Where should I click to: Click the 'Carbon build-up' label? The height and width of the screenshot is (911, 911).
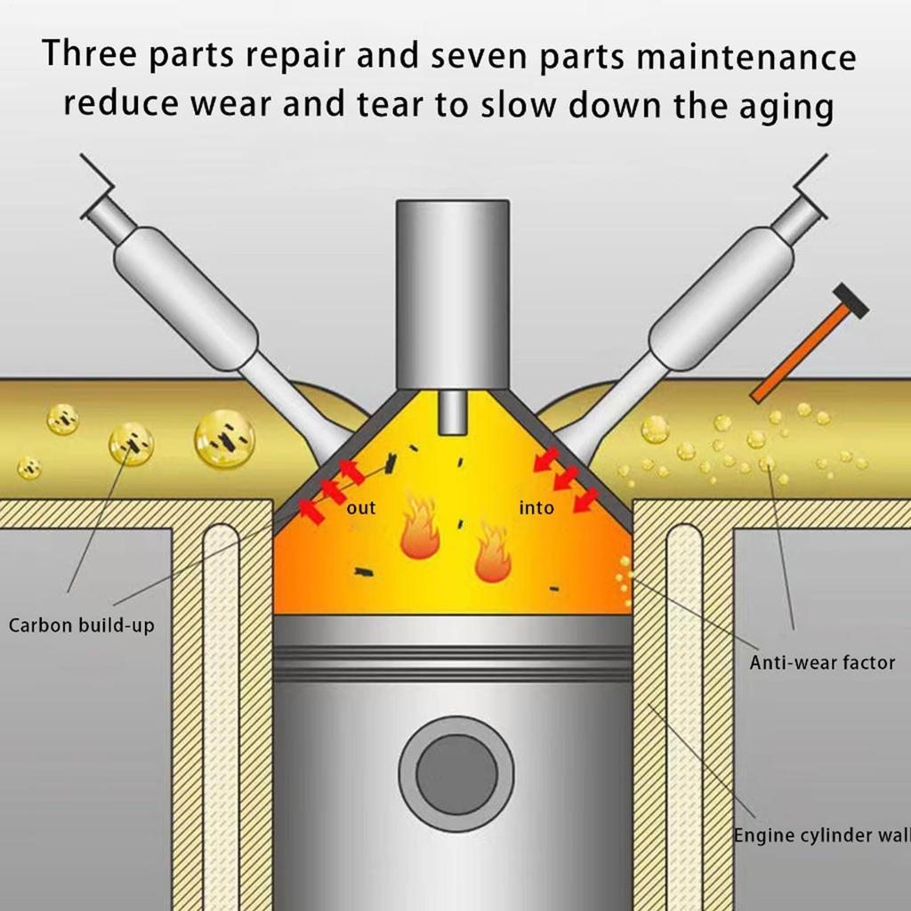coord(82,625)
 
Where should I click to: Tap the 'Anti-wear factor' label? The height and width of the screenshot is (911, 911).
coord(822,662)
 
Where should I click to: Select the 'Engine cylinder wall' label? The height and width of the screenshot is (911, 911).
coord(820,835)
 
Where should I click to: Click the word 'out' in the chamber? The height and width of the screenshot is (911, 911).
coord(361,508)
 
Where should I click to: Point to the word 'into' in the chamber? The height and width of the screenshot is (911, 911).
coord(536,508)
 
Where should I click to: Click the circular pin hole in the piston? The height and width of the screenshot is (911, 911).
coord(457,772)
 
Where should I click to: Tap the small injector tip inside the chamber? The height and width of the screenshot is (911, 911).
coord(454,413)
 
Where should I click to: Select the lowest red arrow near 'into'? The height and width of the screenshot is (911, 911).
coord(586,501)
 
